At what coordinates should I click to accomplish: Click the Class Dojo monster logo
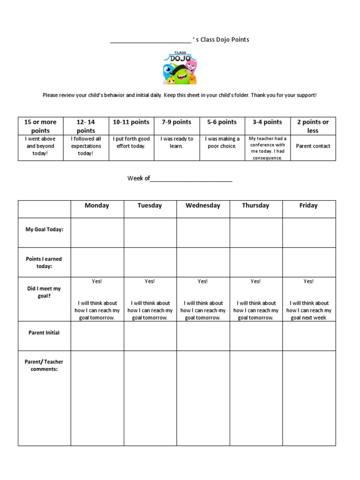point(180,68)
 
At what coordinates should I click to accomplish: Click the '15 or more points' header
point(40,126)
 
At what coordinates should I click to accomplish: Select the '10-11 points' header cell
point(131,122)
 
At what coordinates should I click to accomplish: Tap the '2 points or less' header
point(313,126)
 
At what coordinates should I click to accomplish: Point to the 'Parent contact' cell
point(313,146)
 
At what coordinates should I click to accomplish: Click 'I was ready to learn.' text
point(177,142)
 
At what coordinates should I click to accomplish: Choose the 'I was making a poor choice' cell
point(222,142)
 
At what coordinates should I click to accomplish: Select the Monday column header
point(97,205)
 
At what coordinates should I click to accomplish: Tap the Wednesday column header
point(203,205)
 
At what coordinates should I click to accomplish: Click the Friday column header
point(308,205)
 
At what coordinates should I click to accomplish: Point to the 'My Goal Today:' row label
point(44,229)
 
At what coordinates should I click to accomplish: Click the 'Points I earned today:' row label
point(44,262)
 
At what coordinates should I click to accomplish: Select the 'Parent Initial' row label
point(44,333)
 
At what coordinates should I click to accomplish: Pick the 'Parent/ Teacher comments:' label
point(44,366)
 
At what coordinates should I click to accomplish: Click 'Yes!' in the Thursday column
point(255,281)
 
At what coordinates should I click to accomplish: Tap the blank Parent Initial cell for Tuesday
point(150,336)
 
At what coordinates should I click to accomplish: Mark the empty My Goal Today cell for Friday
point(309,232)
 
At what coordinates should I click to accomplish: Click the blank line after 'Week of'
point(191,179)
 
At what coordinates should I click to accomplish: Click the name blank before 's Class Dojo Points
point(150,40)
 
